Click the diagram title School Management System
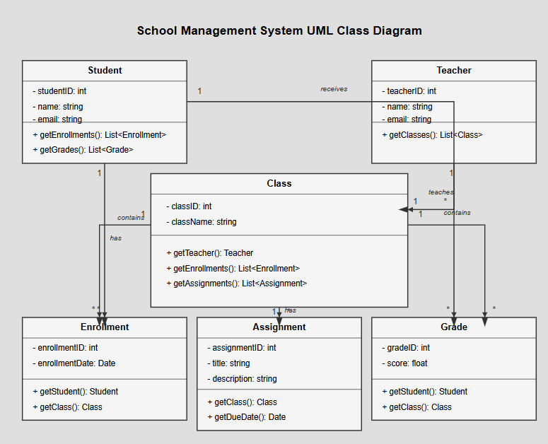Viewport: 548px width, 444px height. tap(279, 31)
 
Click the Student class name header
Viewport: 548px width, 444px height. tap(105, 70)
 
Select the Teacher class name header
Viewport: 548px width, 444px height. tap(454, 70)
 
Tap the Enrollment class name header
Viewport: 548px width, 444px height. tap(105, 327)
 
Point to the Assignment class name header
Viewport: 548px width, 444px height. tap(279, 327)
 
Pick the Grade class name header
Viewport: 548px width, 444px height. tap(454, 327)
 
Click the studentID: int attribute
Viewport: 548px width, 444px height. tap(59, 91)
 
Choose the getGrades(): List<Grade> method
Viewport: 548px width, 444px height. tap(83, 150)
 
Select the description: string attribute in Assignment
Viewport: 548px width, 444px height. tap(242, 379)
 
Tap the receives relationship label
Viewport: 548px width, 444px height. tap(334, 89)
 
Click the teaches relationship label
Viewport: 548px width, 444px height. tap(441, 192)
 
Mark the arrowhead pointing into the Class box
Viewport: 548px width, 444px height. tap(404, 209)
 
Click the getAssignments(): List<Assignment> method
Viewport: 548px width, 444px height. tap(237, 284)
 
